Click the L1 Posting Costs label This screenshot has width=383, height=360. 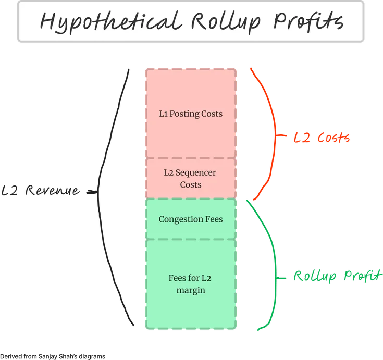pyautogui.click(x=191, y=114)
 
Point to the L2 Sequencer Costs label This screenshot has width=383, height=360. pyautogui.click(x=191, y=178)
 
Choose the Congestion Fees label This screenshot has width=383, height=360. pyautogui.click(x=191, y=219)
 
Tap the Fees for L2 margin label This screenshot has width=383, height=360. pyautogui.click(x=191, y=284)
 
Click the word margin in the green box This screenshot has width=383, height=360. pyautogui.click(x=191, y=290)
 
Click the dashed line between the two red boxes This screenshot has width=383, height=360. pyautogui.click(x=191, y=158)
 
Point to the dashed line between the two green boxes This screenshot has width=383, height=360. pyautogui.click(x=191, y=240)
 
